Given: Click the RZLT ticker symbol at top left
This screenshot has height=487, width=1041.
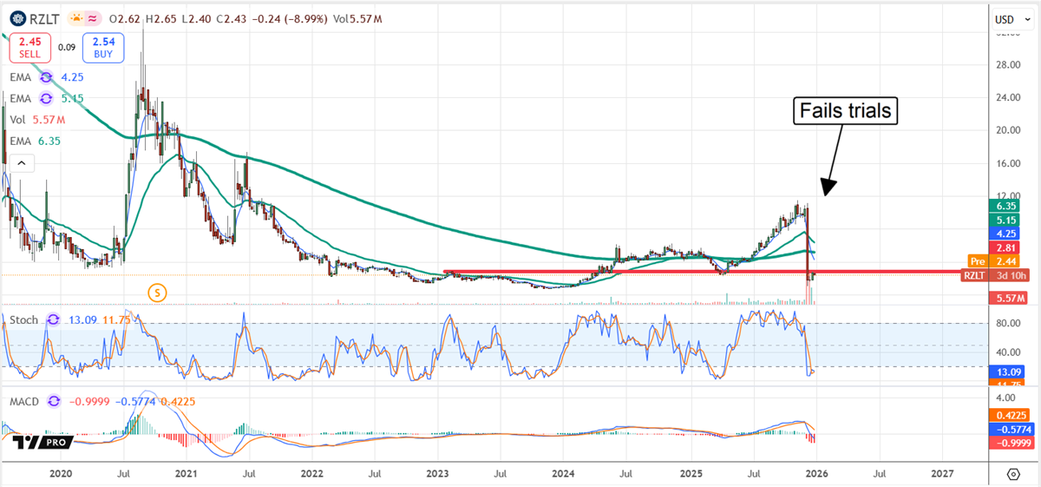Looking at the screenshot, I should (43, 16).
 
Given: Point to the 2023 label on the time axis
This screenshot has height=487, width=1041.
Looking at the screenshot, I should (436, 475).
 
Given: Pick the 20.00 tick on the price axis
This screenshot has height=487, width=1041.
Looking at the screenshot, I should (1006, 130).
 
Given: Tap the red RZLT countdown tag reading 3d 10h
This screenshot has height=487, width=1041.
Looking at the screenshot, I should (996, 275).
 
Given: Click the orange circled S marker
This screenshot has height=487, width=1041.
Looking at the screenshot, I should (157, 293).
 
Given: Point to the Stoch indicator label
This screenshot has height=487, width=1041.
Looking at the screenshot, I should (23, 320).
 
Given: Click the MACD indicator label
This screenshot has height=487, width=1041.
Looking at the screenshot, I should (25, 401).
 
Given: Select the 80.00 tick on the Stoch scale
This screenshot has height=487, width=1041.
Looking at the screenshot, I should (1006, 323).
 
